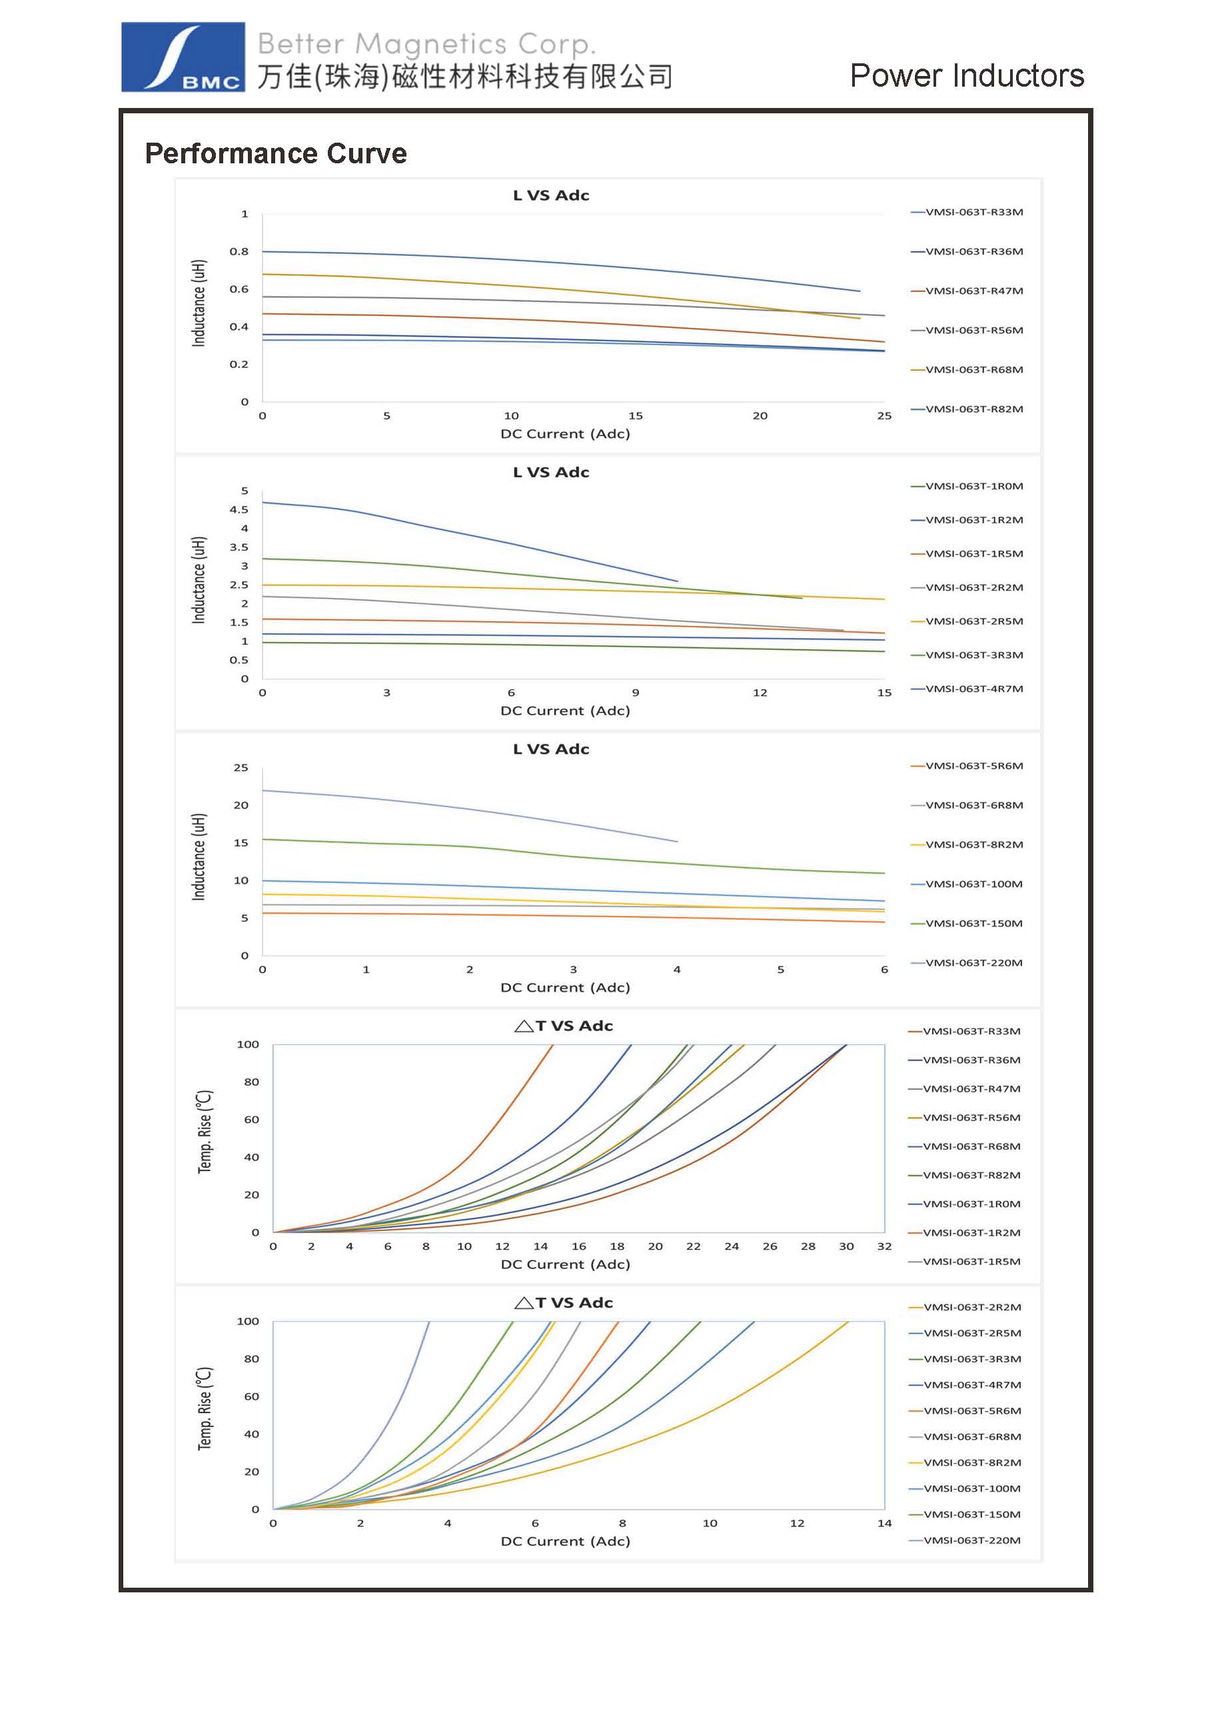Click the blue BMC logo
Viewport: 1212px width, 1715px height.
pyautogui.click(x=183, y=57)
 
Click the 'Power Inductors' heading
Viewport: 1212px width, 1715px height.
pyautogui.click(x=966, y=75)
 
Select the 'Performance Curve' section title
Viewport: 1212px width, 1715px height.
pyautogui.click(x=276, y=153)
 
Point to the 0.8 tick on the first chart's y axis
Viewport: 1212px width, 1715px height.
pyautogui.click(x=239, y=252)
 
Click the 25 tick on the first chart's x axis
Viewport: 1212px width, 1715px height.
pyautogui.click(x=884, y=416)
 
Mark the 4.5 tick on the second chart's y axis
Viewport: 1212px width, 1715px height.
pyautogui.click(x=239, y=509)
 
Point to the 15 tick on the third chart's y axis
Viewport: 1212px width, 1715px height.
pyautogui.click(x=241, y=843)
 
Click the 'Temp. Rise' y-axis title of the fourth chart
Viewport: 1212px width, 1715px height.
pyautogui.click(x=205, y=1132)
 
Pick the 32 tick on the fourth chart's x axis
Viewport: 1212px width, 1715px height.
pyautogui.click(x=884, y=1246)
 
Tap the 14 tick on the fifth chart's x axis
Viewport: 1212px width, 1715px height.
pyautogui.click(x=884, y=1523)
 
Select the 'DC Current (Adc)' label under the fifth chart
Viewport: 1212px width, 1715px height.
pyautogui.click(x=565, y=1541)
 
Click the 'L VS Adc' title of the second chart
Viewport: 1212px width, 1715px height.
pyautogui.click(x=551, y=472)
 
